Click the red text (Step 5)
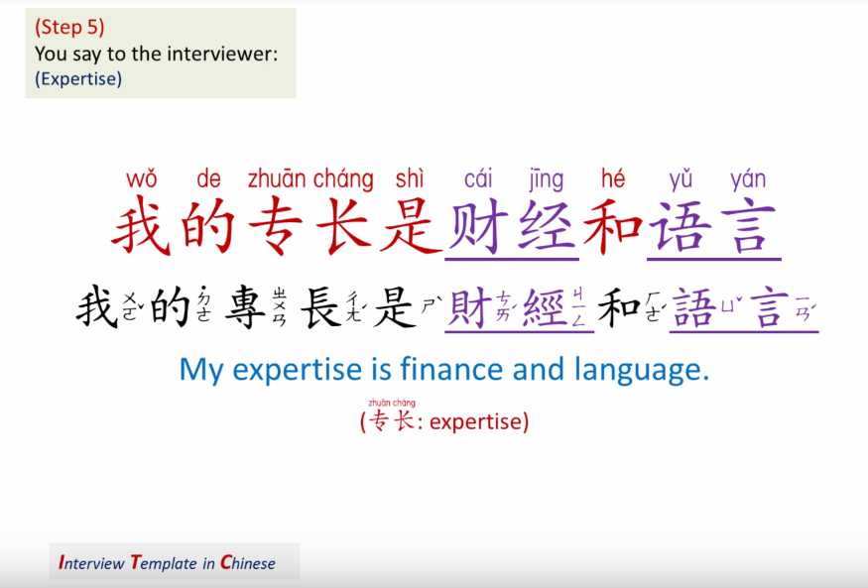coord(69,28)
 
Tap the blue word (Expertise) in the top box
coord(78,79)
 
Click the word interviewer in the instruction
coord(226,54)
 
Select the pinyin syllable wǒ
coord(142,179)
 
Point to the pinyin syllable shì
coord(409,179)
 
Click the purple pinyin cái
coord(478,179)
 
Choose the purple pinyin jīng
coord(546,180)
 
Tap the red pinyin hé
coord(613,179)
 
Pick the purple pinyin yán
coord(747,180)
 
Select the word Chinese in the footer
coord(248,563)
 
